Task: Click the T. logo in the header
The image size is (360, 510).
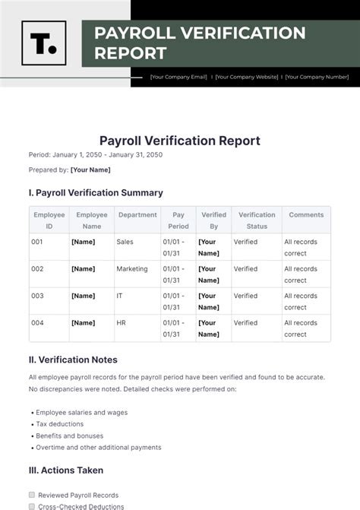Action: coord(43,43)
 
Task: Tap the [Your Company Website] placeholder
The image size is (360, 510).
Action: coord(246,77)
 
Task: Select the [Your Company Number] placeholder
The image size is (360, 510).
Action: coord(317,77)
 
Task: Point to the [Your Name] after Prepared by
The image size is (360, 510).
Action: coord(90,169)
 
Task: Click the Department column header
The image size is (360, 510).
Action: coord(137,215)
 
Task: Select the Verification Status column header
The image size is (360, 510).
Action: coord(257,220)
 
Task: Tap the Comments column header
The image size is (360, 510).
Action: coord(306,215)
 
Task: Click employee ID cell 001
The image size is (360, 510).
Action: coord(37,242)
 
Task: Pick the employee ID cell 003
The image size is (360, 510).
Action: coord(37,296)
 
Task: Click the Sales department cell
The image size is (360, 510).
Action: coord(125,242)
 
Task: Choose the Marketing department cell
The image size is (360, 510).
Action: coord(132,269)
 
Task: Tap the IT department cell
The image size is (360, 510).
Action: coord(120,296)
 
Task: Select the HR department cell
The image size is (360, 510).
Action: coord(122,323)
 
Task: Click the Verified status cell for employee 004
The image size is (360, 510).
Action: coord(245,323)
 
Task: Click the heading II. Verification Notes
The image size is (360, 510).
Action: coord(73,360)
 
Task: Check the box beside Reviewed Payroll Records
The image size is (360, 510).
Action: coord(32,494)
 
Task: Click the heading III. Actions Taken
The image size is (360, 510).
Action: coord(65,470)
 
